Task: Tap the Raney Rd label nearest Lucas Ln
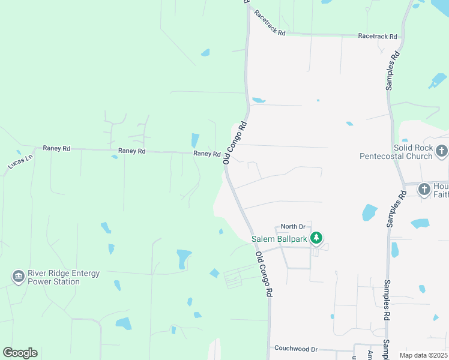[56, 148]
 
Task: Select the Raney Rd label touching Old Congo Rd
[207, 154]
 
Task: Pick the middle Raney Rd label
[132, 151]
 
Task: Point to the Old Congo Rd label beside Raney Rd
[235, 143]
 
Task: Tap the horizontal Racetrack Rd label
[378, 37]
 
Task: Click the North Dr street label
[293, 226]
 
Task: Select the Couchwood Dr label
[295, 349]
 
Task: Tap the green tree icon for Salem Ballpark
[316, 239]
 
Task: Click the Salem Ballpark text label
[279, 239]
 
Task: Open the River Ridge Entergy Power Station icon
[18, 277]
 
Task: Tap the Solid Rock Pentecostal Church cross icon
[442, 151]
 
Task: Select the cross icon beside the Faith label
[424, 190]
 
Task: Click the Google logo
[20, 353]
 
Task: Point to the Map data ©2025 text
[423, 355]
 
